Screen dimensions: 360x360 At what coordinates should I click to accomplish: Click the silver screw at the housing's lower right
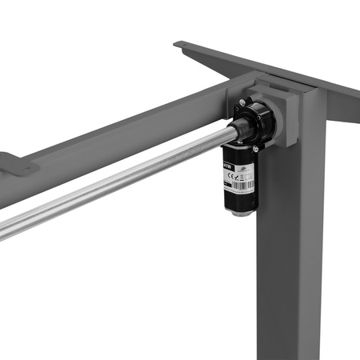[255, 149]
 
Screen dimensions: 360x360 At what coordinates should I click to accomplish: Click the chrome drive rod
[120, 180]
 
